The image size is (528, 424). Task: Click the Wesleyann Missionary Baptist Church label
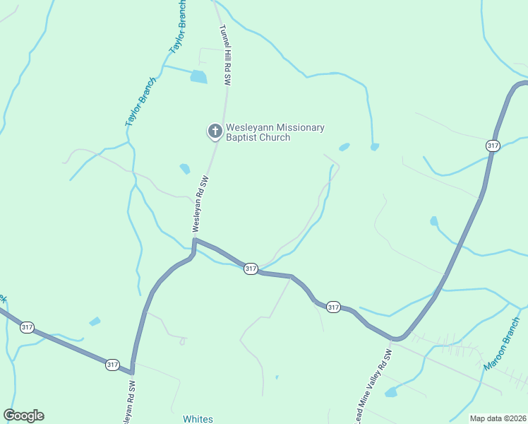275,132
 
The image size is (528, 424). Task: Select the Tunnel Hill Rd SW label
225,56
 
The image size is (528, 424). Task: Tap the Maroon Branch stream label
502,354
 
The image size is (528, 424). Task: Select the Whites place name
198,419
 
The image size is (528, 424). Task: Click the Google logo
23,416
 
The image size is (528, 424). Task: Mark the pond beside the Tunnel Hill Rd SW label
199,77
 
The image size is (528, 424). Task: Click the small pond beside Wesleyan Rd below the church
185,169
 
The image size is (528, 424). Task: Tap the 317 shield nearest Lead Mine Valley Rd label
333,307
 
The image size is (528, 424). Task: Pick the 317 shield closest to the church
251,269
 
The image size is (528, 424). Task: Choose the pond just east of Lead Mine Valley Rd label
392,391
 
